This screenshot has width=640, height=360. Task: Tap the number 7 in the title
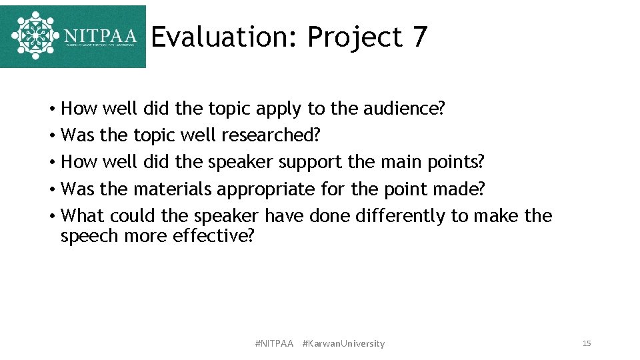[x=419, y=37]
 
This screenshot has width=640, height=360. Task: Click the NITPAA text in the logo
[x=101, y=35]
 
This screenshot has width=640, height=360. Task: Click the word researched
[x=271, y=135]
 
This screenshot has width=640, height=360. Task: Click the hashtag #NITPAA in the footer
[x=274, y=344]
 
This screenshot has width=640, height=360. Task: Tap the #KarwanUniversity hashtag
[x=343, y=344]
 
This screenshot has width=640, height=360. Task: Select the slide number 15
[x=587, y=343]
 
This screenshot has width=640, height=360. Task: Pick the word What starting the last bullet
[x=83, y=216]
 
